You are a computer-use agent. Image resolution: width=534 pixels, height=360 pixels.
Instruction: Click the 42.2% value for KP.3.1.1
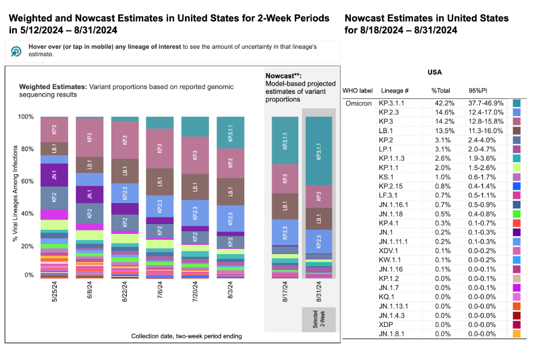440,102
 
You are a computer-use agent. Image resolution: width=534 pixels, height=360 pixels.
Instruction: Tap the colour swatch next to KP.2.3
517,112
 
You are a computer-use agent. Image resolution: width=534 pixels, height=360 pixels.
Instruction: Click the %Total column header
441,91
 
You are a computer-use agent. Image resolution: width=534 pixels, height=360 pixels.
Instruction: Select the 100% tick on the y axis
27,117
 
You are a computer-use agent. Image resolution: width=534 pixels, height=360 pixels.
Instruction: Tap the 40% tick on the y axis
28,214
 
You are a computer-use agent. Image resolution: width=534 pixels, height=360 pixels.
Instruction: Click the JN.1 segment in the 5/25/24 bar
54,175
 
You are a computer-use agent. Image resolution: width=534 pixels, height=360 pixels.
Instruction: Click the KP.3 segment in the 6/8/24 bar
89,137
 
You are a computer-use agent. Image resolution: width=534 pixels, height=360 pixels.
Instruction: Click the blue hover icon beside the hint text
16,51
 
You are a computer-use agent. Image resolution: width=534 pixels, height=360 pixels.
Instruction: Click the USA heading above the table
434,72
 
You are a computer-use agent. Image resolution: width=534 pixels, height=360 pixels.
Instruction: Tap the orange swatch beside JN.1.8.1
517,334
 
